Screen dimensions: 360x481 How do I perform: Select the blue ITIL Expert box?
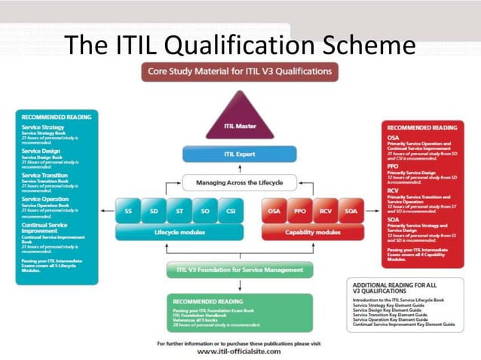coord(240,154)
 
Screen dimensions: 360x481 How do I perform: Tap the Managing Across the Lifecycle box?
coord(240,182)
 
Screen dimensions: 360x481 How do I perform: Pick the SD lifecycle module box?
coord(155,212)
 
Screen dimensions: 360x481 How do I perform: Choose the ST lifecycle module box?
coord(180,212)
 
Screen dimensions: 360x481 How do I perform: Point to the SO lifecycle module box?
coord(205,212)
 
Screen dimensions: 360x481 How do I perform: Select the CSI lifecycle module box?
coord(231,212)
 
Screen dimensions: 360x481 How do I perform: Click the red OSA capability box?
coord(275,212)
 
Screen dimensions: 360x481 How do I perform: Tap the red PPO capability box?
coord(300,212)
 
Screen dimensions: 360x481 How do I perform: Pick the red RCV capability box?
coord(325,212)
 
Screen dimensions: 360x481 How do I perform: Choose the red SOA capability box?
coord(351,212)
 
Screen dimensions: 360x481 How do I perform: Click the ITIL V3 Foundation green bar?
coord(240,270)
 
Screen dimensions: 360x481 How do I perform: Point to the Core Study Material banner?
coord(240,72)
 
